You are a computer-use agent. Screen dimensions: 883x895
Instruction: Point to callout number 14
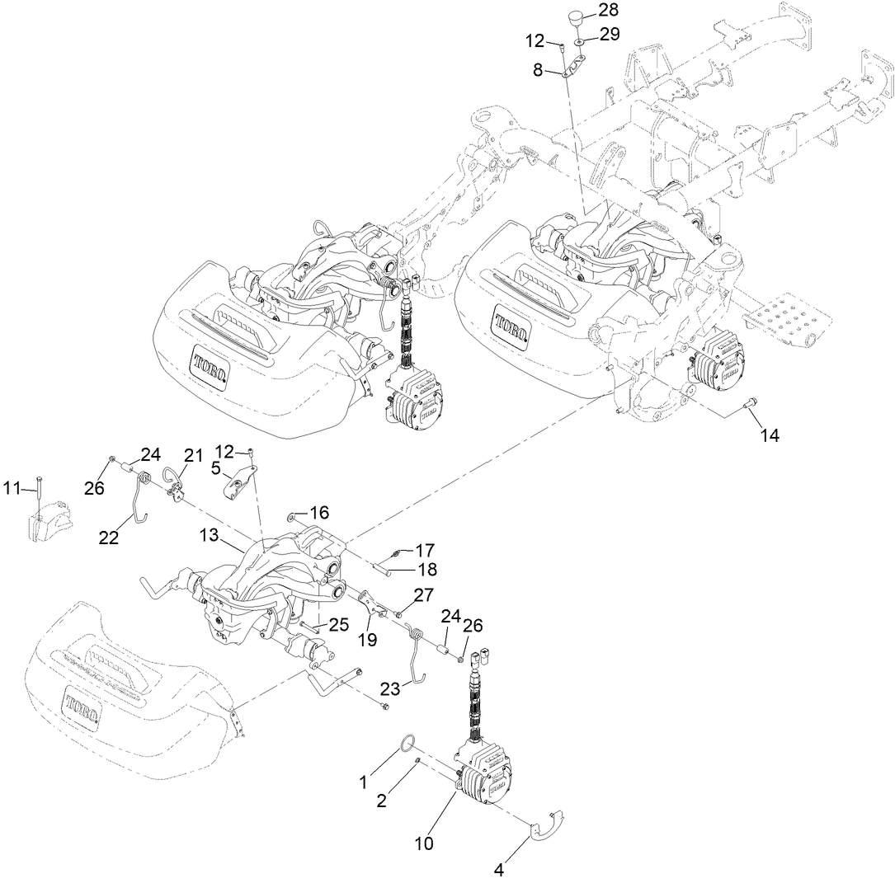769,436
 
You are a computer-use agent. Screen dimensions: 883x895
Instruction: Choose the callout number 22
109,538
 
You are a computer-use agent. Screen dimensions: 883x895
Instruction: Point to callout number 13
209,536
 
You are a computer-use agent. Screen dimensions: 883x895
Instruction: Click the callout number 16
319,512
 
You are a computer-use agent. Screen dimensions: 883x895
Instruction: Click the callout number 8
538,71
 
